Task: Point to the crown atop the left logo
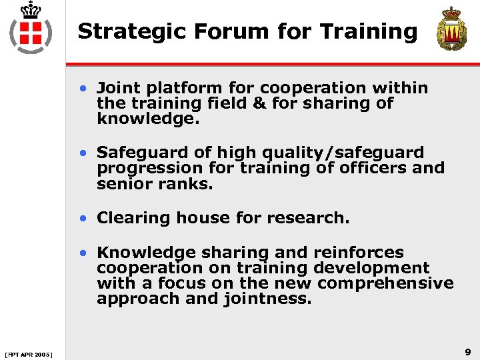30,10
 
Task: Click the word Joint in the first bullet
117,88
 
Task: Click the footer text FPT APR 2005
29,353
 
